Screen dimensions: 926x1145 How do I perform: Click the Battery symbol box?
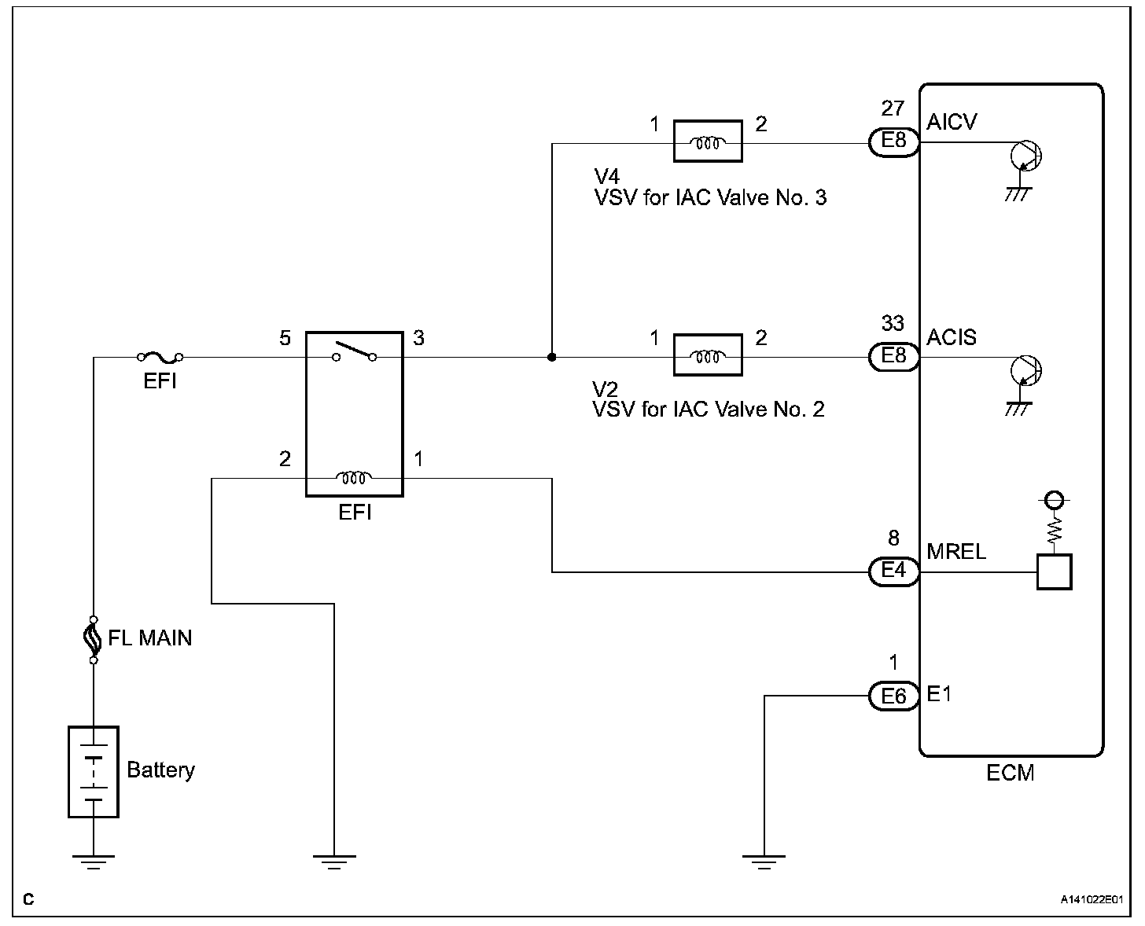(x=94, y=771)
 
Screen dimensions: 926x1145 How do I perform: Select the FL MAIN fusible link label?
(x=149, y=638)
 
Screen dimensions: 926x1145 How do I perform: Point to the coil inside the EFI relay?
(x=354, y=477)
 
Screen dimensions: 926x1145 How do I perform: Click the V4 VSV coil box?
(x=708, y=141)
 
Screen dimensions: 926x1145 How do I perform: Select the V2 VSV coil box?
(x=708, y=355)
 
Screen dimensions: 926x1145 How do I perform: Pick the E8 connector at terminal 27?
(x=893, y=142)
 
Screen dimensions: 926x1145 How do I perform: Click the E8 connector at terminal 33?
(x=893, y=356)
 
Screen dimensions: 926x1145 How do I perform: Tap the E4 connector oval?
(x=893, y=571)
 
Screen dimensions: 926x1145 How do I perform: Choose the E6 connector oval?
(x=893, y=696)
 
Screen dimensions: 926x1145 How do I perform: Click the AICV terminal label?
(x=952, y=123)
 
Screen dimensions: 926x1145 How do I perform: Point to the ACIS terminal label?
(x=952, y=338)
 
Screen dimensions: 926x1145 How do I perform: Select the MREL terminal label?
(x=956, y=552)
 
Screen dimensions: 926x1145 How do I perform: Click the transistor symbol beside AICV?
(x=1025, y=156)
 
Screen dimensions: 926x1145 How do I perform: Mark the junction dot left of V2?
(x=552, y=357)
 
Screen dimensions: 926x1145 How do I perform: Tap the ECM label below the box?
(x=1011, y=774)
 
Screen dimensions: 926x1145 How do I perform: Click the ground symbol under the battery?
(x=94, y=862)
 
